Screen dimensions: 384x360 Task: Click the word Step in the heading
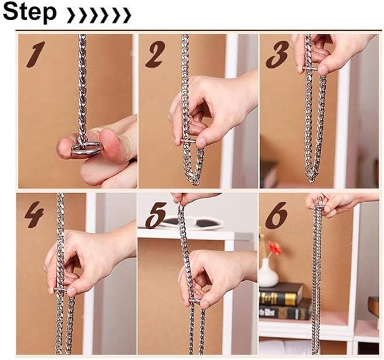point(30,12)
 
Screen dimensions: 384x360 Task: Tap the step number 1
point(36,54)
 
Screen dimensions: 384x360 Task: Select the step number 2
point(154,54)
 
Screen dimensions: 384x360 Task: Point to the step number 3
point(277,54)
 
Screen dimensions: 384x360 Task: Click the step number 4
point(34,215)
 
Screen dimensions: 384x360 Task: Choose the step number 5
point(156,215)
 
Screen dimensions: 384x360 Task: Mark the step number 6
point(276,215)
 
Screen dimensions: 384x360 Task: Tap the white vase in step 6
point(269,273)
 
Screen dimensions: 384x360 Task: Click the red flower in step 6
point(275,249)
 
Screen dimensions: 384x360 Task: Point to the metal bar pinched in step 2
point(188,141)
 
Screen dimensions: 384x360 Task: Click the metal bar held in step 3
point(310,69)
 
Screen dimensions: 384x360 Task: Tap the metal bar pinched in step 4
point(60,290)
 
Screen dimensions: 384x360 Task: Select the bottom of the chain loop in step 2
point(195,182)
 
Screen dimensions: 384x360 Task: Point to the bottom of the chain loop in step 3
point(310,180)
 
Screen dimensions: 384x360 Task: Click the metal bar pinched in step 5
point(195,301)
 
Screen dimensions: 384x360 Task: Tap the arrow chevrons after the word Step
point(98,15)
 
